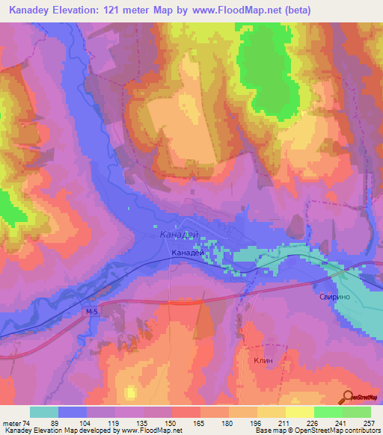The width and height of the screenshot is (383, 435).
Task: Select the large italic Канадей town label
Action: click(180, 235)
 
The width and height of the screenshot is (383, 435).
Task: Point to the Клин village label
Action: click(263, 360)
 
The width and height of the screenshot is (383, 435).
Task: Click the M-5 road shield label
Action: click(92, 311)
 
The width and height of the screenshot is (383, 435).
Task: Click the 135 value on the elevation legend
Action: click(143, 423)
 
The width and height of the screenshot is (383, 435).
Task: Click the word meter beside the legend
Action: click(11, 423)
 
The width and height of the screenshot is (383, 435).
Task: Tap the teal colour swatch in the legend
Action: click(44, 412)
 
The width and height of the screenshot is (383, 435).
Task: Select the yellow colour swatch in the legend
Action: click(299, 412)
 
